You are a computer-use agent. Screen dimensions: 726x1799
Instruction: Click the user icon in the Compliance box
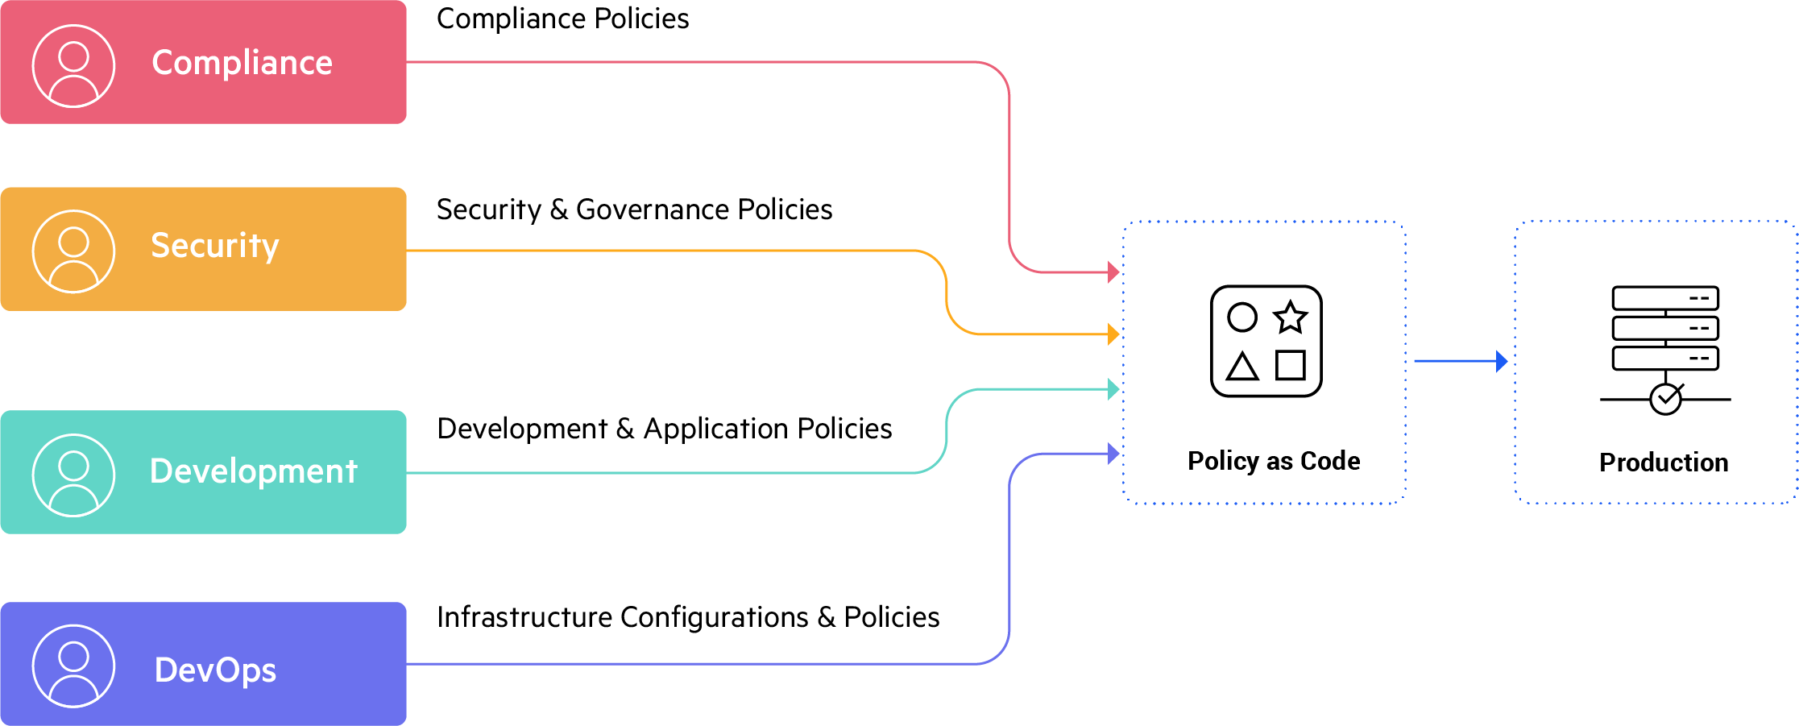click(x=73, y=65)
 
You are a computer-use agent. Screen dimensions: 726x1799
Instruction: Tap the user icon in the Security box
click(x=73, y=251)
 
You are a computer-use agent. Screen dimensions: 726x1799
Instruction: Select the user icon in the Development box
click(x=73, y=475)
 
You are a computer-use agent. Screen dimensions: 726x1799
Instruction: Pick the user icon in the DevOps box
click(x=73, y=666)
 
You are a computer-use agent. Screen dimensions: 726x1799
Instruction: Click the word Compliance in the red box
click(x=242, y=63)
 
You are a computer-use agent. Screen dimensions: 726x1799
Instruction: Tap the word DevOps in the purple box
click(x=215, y=670)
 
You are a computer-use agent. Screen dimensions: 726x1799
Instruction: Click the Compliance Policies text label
click(x=562, y=19)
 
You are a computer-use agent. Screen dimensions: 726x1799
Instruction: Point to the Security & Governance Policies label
click(x=634, y=210)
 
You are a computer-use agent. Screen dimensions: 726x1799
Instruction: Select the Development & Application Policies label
click(x=664, y=429)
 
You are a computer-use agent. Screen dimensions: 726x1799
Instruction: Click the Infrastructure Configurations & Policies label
click(x=688, y=617)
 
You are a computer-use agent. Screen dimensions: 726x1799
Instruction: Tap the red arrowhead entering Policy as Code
click(x=1113, y=272)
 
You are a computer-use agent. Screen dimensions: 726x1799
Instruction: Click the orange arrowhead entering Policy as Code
click(x=1113, y=334)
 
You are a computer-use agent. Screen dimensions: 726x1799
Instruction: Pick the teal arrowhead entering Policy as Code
click(x=1113, y=389)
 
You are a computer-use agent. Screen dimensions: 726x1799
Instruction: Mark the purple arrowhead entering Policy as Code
click(x=1113, y=453)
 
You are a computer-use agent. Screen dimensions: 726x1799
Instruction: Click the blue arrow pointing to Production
click(x=1460, y=361)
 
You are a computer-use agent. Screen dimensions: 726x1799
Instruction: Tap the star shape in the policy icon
click(x=1291, y=317)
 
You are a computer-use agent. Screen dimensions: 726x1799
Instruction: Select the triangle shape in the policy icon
click(x=1241, y=367)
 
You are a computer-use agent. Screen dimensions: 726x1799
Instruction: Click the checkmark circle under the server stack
click(x=1665, y=398)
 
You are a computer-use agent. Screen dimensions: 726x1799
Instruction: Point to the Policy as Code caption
click(x=1274, y=461)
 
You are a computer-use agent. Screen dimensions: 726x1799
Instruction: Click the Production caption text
click(x=1664, y=463)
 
